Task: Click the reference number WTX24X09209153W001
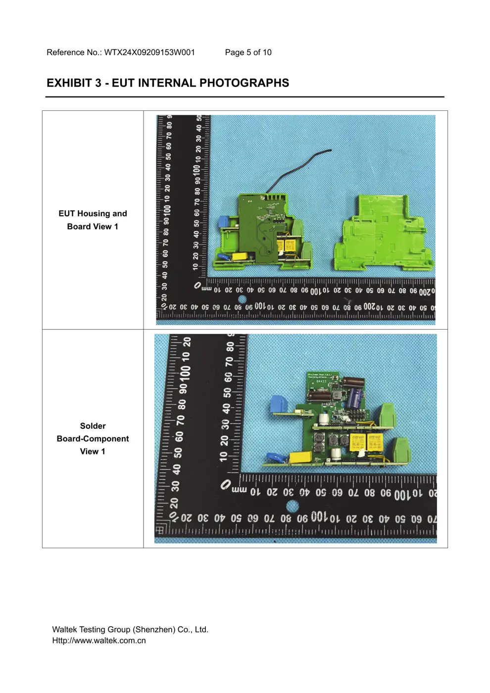149,52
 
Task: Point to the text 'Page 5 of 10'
248,52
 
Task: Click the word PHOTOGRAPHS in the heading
249,83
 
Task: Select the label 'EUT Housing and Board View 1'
93,220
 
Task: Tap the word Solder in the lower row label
93,426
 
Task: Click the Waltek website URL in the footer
99,641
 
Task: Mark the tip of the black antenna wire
331,150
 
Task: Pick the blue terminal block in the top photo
222,221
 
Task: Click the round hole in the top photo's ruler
242,299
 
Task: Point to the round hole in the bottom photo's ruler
293,506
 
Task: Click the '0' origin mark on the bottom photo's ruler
226,485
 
